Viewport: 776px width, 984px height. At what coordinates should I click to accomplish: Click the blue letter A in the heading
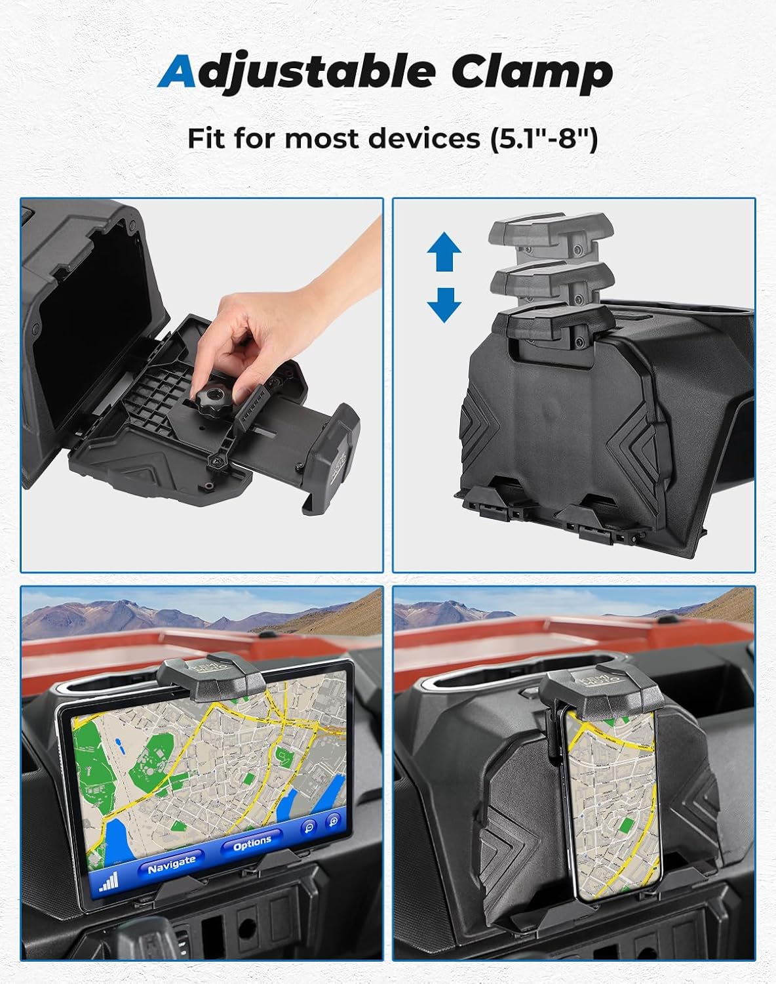tap(179, 73)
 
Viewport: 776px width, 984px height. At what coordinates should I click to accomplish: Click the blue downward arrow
tap(444, 304)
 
